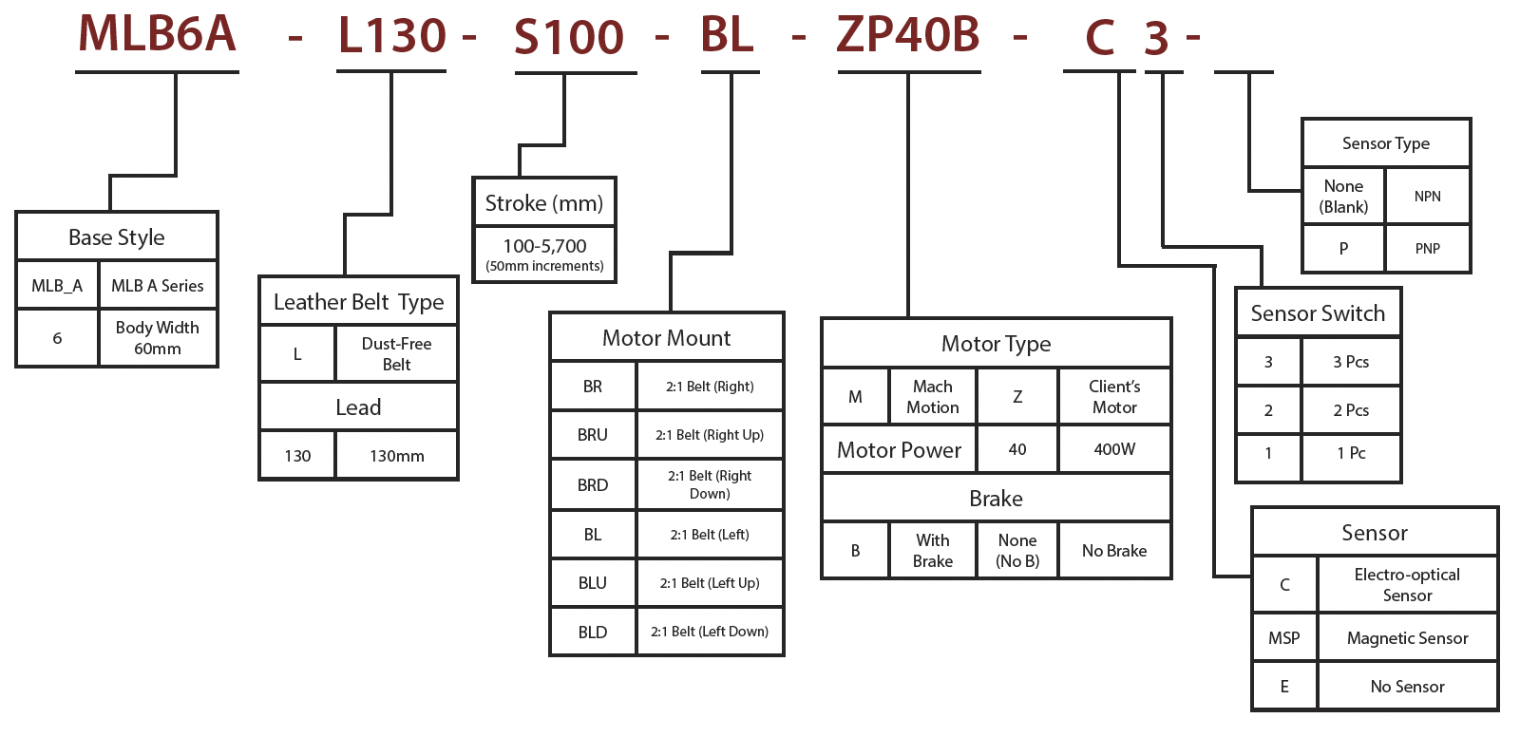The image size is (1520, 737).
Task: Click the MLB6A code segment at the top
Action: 157,34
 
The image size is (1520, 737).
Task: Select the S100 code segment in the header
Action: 568,38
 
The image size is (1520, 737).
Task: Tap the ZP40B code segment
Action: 907,34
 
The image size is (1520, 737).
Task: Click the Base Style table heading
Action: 117,237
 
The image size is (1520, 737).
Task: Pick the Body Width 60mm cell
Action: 158,338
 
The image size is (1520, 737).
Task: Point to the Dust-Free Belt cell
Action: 396,354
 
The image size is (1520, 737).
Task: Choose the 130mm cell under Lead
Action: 396,456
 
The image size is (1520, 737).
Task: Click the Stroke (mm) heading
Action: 543,203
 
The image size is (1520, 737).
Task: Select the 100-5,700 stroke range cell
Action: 544,255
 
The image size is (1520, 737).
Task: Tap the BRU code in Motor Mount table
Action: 593,435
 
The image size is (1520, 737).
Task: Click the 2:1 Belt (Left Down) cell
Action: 710,632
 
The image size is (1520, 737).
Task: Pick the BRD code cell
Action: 593,485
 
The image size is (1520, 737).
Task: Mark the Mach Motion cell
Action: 932,397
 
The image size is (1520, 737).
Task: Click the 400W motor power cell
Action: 1114,449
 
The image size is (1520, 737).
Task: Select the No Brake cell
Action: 1114,551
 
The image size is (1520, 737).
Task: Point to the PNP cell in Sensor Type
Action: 1427,249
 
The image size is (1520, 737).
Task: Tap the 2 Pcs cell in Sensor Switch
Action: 1351,410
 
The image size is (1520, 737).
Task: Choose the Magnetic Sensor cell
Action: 1407,638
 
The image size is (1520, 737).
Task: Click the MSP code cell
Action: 1284,638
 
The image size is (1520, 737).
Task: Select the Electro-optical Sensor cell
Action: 1407,585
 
